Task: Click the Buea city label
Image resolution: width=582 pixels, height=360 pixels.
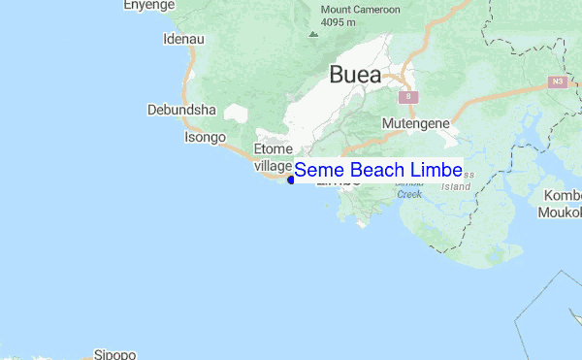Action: pos(355,75)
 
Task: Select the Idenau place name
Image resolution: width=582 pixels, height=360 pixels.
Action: pos(184,40)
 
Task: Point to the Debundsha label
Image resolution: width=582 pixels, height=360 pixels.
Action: pos(179,110)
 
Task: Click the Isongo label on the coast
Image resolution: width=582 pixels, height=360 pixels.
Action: pos(205,137)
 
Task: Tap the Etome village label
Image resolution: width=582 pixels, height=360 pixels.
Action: pos(272,156)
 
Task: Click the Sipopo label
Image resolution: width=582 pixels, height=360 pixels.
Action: pos(114,354)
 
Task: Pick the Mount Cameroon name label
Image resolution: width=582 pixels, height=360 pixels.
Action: pos(360,11)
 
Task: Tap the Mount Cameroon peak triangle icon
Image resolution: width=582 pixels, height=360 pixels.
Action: pos(312,34)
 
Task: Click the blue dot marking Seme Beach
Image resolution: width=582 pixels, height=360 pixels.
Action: pos(291,179)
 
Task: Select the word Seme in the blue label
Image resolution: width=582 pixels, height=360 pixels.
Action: pos(319,171)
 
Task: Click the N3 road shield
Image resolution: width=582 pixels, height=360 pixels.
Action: pos(557,82)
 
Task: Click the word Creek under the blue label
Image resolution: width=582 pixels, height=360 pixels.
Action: pos(409,194)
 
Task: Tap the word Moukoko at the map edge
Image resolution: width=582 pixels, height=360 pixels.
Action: pos(564,212)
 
